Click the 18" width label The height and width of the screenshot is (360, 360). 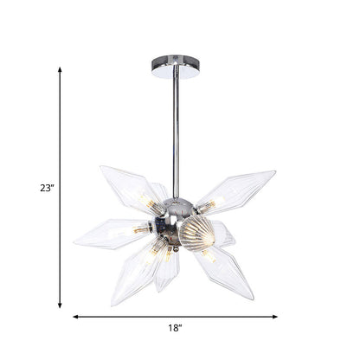click(x=175, y=328)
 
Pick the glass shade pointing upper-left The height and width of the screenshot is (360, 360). click(x=129, y=188)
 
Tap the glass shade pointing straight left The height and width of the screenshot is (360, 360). click(x=108, y=233)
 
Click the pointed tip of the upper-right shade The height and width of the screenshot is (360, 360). click(x=276, y=172)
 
